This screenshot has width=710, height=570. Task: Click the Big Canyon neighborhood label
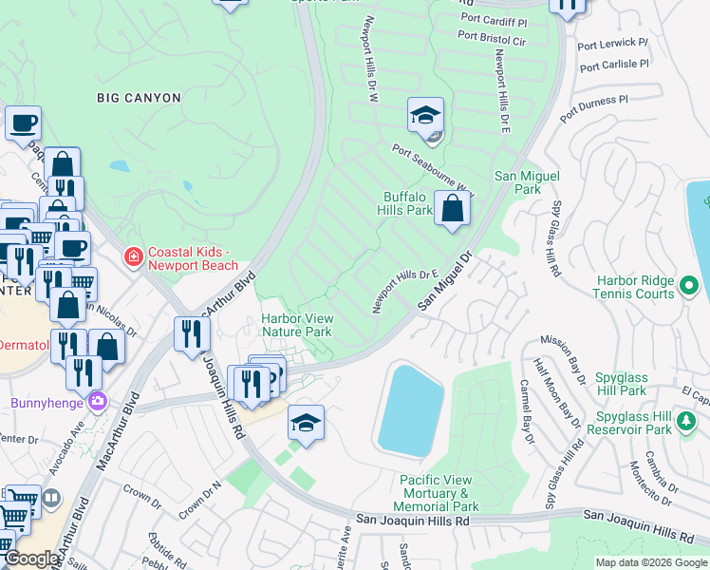pos(139,97)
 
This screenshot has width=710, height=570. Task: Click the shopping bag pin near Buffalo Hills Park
pos(453,208)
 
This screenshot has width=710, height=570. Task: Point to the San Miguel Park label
pos(527,182)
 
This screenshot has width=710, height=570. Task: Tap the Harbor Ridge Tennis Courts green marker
pos(690,283)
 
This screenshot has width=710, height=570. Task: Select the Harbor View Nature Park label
pos(297,326)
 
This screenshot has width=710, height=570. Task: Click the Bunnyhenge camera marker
pos(97,402)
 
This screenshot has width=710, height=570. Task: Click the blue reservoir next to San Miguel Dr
pos(412,408)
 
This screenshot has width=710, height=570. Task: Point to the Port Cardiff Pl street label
pos(493,20)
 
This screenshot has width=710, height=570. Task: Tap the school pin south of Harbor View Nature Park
pos(306,423)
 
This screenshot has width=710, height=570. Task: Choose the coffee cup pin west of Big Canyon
pos(23,123)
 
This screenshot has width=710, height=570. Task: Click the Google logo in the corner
pos(31,559)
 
